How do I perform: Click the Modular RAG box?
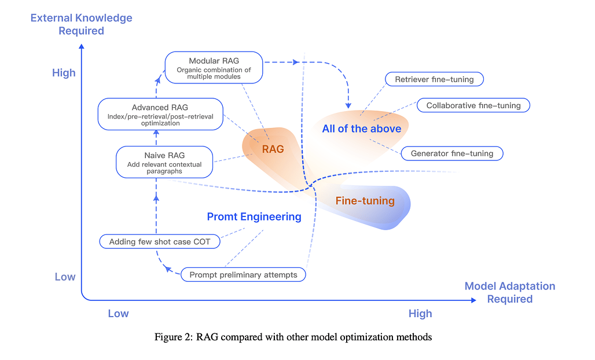pos(214,67)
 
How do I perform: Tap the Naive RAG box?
pos(164,161)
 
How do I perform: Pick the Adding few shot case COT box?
pos(160,242)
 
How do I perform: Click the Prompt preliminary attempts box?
pos(243,275)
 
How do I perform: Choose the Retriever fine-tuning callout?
pos(434,79)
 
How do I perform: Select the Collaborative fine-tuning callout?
pos(473,105)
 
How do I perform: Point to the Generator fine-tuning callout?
pos(452,153)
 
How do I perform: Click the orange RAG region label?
pos(273,149)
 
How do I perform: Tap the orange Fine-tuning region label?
pos(365,201)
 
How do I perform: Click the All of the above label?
pos(362,128)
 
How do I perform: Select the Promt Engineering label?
pos(254,217)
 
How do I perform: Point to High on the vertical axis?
pos(64,74)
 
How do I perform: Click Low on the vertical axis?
pos(65,277)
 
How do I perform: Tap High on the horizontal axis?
pos(420,314)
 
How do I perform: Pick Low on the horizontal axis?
pos(118,314)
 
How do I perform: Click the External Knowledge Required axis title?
pos(82,24)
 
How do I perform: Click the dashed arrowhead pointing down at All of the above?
pos(348,105)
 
